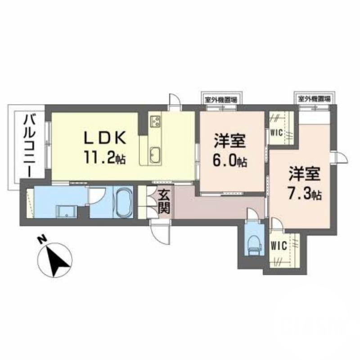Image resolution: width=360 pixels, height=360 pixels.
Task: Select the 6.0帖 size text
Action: (x=230, y=161)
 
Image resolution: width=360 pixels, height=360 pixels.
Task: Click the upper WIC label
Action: (x=276, y=132)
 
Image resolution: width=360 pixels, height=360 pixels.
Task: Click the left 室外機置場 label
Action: (x=219, y=98)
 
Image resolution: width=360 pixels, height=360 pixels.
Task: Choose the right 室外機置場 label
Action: (x=313, y=98)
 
